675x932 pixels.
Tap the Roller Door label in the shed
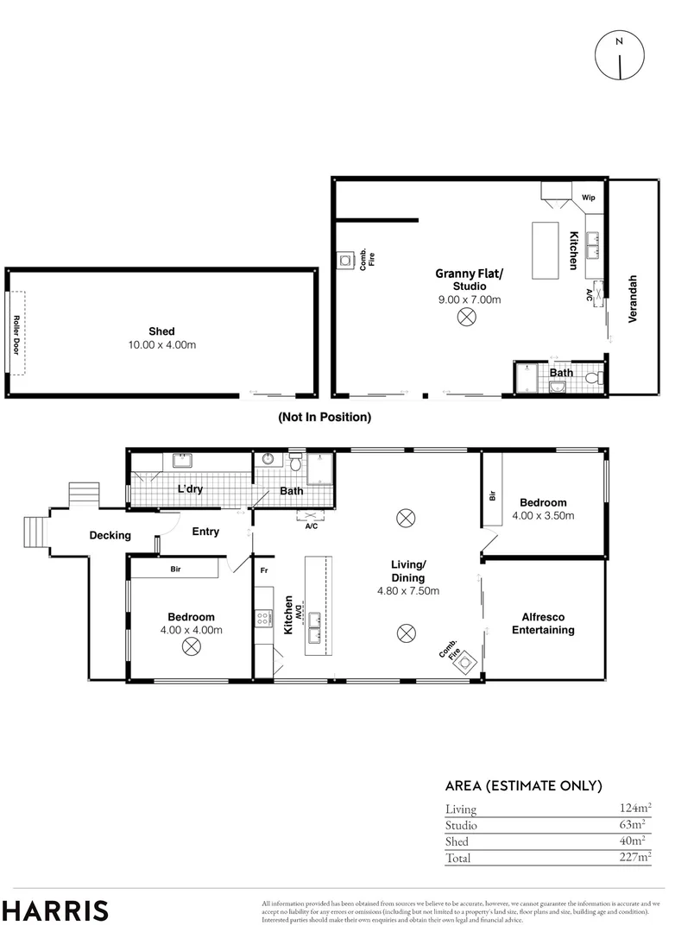16,333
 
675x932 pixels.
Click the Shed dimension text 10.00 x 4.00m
161,345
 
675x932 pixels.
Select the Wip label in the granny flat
589,198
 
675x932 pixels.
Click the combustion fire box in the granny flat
346,258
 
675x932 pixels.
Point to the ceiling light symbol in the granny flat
466,318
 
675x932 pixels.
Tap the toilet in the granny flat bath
592,378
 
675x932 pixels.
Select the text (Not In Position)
324,417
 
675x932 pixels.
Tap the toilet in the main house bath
295,463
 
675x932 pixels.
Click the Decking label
110,535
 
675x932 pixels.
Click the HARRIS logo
55,910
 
